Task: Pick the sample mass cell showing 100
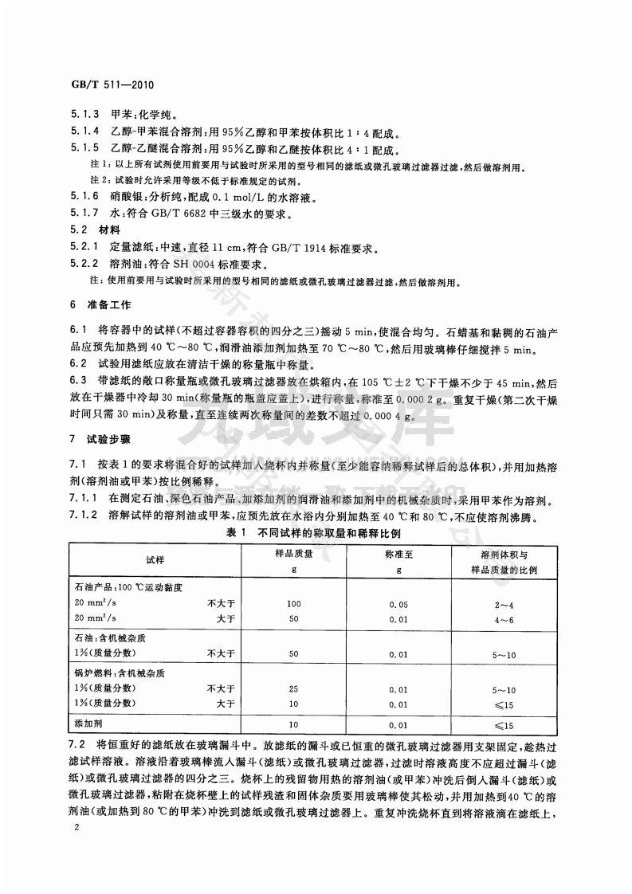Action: pos(293,603)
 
